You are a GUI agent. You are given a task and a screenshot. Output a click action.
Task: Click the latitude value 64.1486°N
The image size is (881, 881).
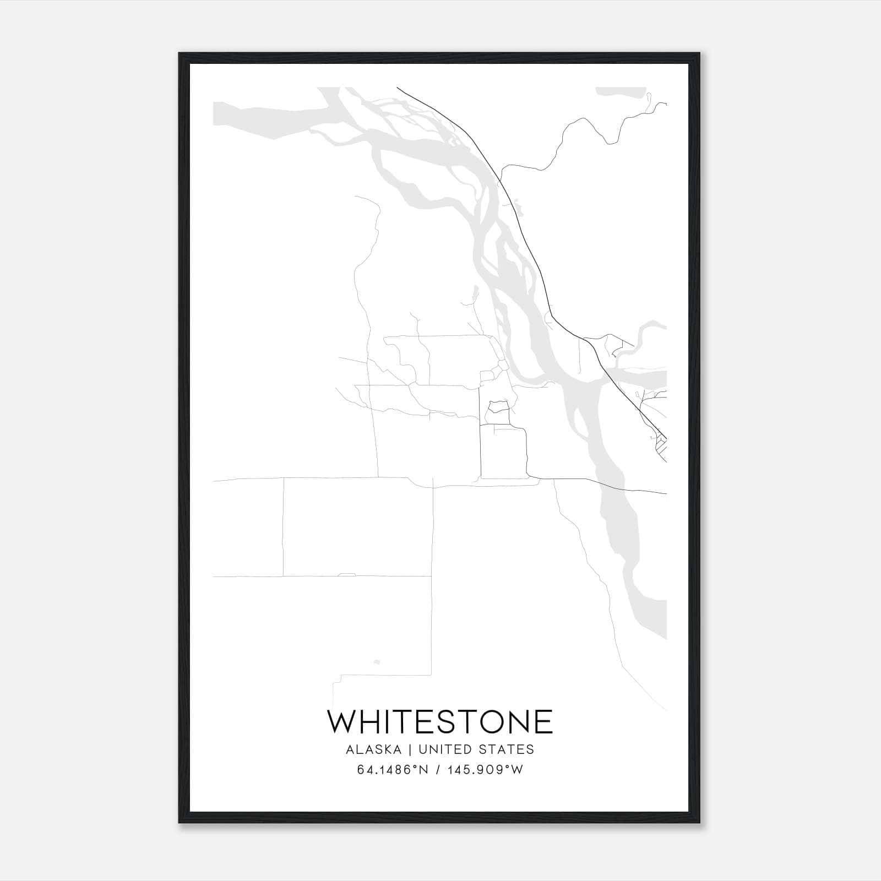click(x=393, y=770)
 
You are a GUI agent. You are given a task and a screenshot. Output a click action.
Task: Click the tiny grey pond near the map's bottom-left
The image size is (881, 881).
click(x=377, y=661)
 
